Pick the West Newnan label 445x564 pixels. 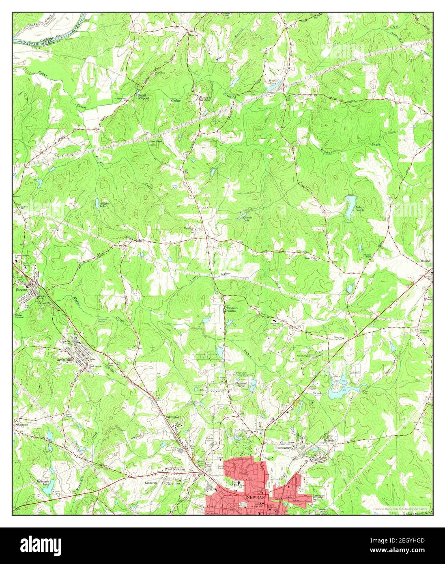pyautogui.click(x=174, y=469)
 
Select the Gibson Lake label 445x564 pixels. pyautogui.click(x=247, y=219)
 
